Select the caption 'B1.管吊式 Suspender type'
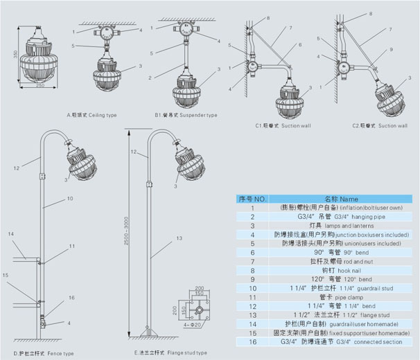[185, 114]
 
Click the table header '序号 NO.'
[252, 199]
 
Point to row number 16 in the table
[252, 341]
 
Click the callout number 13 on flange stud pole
[178, 237]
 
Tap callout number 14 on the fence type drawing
[11, 235]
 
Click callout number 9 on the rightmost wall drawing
[390, 50]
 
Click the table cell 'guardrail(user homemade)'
[349, 323]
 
